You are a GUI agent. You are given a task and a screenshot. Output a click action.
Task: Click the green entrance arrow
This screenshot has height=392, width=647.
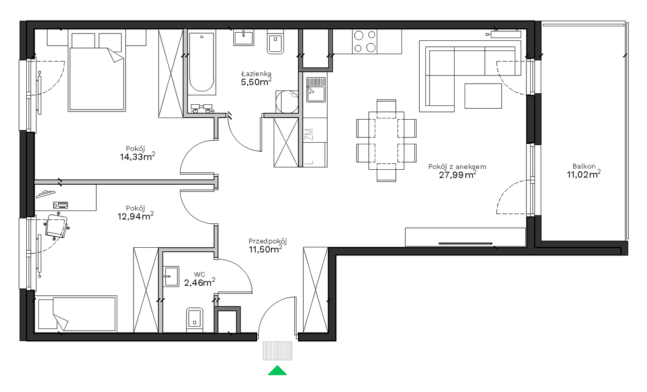(277, 371)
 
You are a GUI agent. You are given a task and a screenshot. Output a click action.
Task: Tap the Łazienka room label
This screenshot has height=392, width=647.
(256, 74)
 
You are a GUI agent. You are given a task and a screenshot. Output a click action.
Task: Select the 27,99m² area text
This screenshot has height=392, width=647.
(457, 174)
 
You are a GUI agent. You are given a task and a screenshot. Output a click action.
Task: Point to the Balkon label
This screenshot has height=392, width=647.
(584, 166)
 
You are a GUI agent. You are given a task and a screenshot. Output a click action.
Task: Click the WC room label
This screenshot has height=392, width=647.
(200, 274)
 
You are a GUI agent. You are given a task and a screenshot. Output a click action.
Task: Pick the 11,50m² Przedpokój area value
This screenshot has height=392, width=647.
(265, 249)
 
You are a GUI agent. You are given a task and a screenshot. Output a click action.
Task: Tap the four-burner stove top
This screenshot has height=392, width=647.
(364, 42)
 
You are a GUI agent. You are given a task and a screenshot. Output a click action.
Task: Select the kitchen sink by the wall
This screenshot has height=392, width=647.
(316, 89)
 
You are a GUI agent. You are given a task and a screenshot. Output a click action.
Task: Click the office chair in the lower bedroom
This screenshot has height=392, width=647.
(57, 226)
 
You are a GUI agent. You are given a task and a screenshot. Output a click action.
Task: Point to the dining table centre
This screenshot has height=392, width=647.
(386, 141)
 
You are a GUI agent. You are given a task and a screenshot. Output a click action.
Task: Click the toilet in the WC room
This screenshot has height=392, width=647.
(195, 320)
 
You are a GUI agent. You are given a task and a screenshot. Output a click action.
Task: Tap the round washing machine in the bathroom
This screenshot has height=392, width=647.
(287, 101)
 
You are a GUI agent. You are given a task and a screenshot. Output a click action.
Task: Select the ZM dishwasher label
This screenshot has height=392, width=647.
(309, 135)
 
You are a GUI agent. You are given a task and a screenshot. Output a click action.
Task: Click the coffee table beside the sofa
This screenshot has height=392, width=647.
(483, 96)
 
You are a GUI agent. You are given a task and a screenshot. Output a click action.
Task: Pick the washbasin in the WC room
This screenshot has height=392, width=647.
(171, 276)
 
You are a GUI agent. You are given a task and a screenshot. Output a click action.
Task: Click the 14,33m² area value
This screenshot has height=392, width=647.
(137, 156)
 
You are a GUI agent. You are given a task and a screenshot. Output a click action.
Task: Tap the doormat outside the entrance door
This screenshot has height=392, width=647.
(277, 351)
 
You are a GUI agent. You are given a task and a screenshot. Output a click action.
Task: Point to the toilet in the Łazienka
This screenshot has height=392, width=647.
(275, 42)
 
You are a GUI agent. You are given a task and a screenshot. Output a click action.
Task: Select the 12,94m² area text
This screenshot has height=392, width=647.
(135, 216)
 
